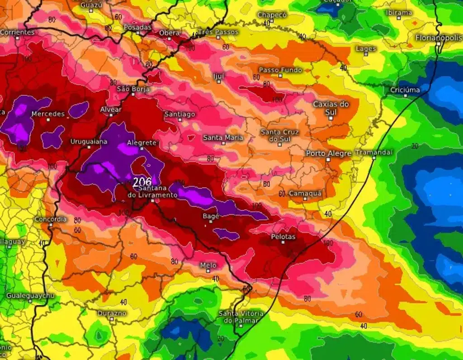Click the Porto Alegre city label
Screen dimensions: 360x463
(x=328, y=154)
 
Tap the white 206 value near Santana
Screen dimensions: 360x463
(x=142, y=183)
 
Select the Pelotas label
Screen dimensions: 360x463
(x=283, y=237)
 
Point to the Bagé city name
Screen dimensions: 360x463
(x=211, y=216)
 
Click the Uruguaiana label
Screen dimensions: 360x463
(x=89, y=142)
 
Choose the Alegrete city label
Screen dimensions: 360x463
(x=142, y=142)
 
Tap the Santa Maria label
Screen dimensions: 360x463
(x=223, y=137)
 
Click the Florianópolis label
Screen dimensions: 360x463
(x=439, y=38)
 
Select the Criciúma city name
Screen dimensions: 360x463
(x=405, y=90)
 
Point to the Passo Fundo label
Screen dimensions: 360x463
(x=280, y=70)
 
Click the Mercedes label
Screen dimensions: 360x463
(x=48, y=114)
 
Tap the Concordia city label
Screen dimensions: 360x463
(x=51, y=219)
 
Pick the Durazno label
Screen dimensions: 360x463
(x=112, y=313)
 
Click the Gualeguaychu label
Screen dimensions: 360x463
(x=30, y=296)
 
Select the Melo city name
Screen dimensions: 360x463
(x=208, y=265)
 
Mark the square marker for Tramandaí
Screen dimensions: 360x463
(x=374, y=158)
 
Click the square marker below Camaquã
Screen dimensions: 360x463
(x=305, y=199)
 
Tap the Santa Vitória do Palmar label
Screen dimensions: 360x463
(x=241, y=317)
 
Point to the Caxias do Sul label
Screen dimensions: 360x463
(x=331, y=108)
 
